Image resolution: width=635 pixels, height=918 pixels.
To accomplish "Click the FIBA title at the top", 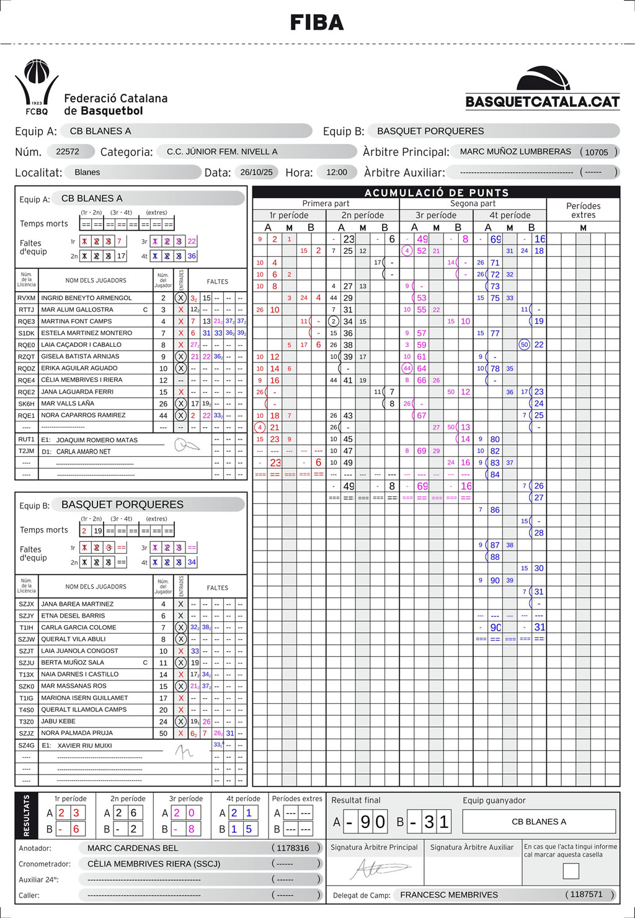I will click(317, 23).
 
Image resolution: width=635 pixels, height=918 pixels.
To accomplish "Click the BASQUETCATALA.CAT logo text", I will click(543, 102).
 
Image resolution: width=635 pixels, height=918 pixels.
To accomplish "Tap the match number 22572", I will click(68, 151).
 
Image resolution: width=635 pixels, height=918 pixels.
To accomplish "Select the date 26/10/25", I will click(256, 172).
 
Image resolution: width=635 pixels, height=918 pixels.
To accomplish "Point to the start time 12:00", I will click(337, 172).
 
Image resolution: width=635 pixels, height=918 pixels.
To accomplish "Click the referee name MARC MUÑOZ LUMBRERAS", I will click(515, 151).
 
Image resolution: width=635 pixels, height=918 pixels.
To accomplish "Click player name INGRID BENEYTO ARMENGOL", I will click(86, 298).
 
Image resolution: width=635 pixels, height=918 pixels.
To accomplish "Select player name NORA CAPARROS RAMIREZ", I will click(83, 415).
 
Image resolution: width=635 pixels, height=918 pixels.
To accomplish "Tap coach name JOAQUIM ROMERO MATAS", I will click(97, 440).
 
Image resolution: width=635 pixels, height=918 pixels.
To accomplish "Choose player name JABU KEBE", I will click(58, 721).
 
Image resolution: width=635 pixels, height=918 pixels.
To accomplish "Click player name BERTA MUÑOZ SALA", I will click(73, 662).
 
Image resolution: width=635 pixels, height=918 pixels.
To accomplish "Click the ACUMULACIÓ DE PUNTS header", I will click(437, 192).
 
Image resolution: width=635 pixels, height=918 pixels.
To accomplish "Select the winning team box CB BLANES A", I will click(539, 822).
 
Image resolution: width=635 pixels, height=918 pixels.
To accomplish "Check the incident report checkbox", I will click(571, 871).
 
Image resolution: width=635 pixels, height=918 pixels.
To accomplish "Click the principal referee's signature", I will click(375, 870).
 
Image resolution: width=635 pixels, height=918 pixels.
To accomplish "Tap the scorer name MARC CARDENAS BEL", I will click(133, 848).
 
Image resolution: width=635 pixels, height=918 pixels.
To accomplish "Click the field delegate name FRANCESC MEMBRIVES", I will click(449, 894).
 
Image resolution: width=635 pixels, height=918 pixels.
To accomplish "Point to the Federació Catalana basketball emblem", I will click(37, 87).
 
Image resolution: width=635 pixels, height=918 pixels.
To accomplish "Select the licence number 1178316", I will click(293, 848).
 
